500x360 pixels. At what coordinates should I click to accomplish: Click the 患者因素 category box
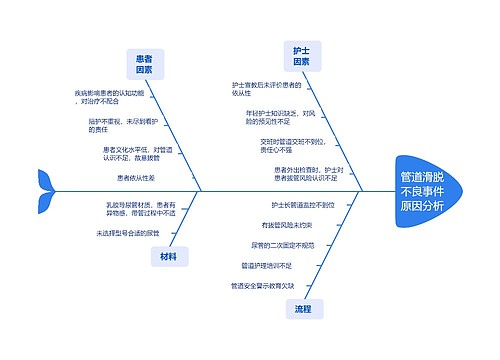coord(144,65)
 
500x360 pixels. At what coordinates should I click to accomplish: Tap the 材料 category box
coord(167,256)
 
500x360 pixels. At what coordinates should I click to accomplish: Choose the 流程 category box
coord(303,310)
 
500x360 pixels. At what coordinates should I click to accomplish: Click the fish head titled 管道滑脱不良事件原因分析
coord(423,190)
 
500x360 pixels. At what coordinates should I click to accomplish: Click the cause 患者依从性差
coord(137,177)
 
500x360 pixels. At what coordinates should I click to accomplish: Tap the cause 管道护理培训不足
coord(267,266)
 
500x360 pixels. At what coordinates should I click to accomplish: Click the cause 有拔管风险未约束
coord(288,224)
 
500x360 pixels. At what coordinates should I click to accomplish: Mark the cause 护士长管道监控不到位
coord(303,204)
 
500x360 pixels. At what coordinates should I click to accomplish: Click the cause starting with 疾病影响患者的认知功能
coord(109,97)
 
